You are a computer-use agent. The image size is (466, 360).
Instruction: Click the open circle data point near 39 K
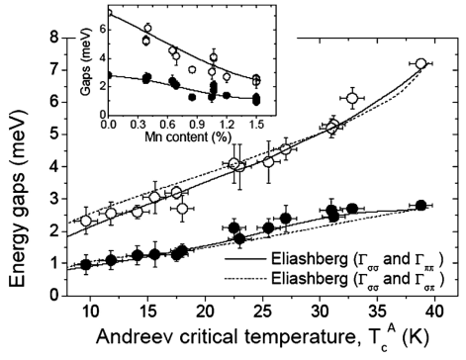coord(421,64)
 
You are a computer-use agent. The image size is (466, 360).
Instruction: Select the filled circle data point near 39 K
coord(421,205)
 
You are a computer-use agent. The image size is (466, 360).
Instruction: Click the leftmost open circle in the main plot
coord(86,221)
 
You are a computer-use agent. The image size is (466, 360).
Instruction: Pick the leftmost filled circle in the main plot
coord(87,264)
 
